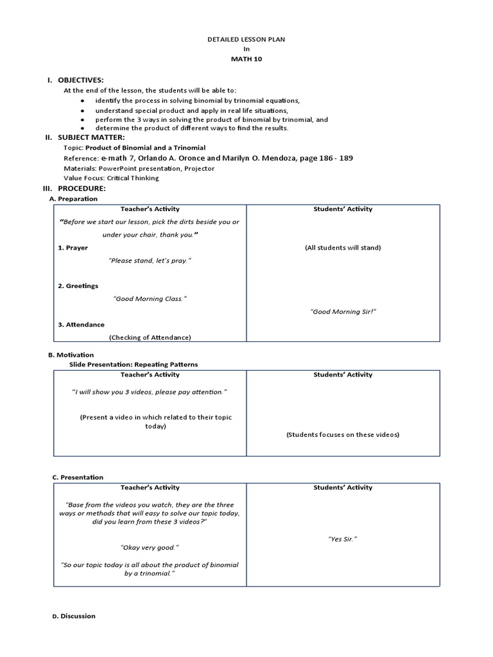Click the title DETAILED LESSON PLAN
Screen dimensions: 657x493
coord(246,39)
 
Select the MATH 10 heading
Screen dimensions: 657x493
coord(246,59)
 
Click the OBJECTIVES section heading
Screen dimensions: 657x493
coord(80,80)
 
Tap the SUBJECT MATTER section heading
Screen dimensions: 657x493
coord(91,137)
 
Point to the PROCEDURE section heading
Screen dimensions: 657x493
coord(82,189)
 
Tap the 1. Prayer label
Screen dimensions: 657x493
coord(73,248)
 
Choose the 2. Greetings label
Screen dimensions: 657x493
coord(78,286)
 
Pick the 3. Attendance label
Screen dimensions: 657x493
coord(81,325)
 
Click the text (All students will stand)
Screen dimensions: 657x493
coord(343,248)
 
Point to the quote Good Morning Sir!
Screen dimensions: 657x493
coord(343,311)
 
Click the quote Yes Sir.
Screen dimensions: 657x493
coord(342,539)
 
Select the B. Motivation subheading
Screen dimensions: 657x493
coord(71,355)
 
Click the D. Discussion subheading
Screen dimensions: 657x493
coord(74,616)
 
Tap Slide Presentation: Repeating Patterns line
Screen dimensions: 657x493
coord(134,364)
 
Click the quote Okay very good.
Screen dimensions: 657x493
coord(150,547)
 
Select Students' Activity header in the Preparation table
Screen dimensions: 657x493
coord(343,209)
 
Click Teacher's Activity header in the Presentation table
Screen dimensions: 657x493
coord(150,488)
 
